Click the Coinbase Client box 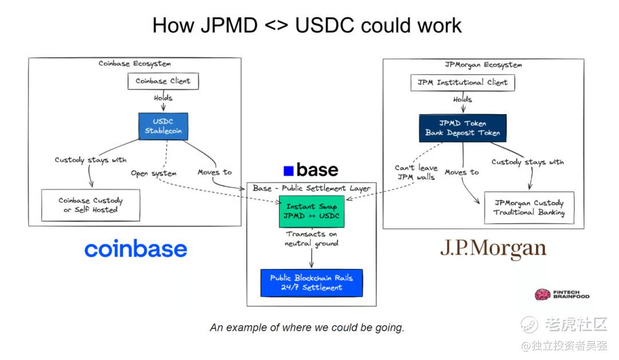tap(163, 81)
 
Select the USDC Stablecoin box tap(163, 126)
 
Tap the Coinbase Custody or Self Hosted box tap(91, 205)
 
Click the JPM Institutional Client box tap(463, 83)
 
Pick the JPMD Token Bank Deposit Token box tap(463, 128)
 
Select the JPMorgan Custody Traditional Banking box tap(529, 208)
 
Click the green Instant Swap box tap(311, 211)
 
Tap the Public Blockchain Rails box tap(311, 283)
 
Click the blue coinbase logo tap(136, 249)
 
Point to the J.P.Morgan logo tap(493, 249)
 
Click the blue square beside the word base tap(288, 170)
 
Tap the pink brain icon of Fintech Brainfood tap(542, 295)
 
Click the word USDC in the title tap(324, 26)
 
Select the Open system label tap(154, 173)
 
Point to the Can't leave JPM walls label tap(416, 173)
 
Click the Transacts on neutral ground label tap(311, 239)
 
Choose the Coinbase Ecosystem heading tap(135, 64)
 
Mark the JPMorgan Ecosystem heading tap(483, 65)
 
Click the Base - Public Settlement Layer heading tap(311, 188)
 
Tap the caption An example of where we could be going tap(307, 328)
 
